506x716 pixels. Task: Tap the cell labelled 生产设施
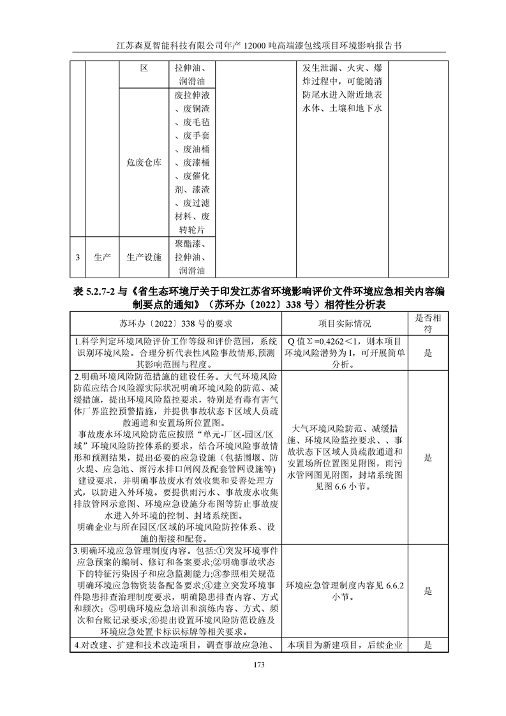pos(144,258)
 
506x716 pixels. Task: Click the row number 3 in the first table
pos(77,258)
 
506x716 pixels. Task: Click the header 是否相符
pos(428,324)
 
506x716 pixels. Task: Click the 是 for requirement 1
pos(428,352)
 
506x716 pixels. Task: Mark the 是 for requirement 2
pos(428,457)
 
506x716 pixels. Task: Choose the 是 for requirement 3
pos(428,591)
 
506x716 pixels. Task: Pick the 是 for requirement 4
pos(428,645)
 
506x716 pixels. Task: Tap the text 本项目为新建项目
pos(325,645)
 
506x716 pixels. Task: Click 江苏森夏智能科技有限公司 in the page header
pos(167,47)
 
